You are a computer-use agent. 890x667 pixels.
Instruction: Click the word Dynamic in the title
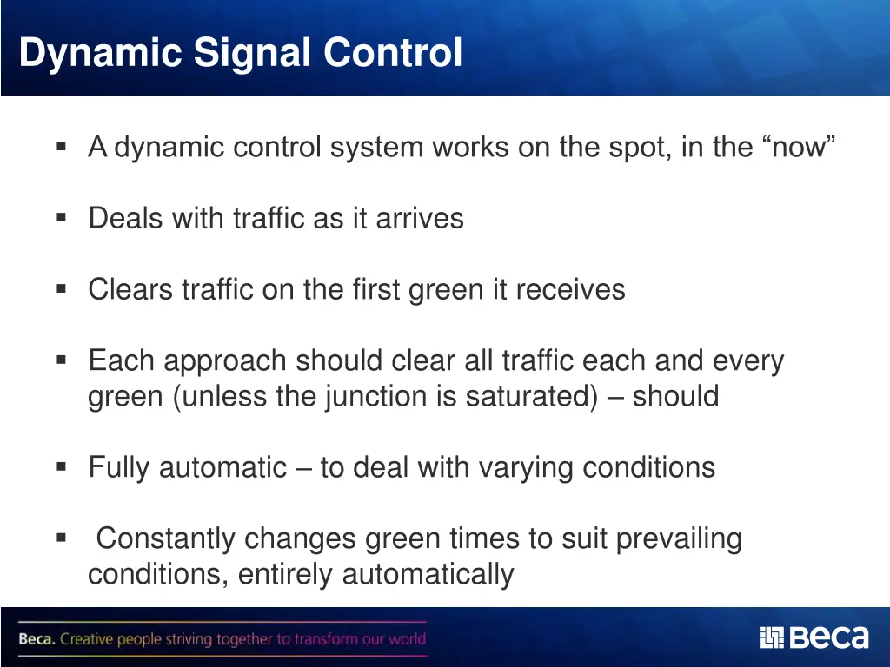100,53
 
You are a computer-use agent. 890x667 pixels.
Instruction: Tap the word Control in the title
393,53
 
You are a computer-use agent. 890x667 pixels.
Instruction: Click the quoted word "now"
799,148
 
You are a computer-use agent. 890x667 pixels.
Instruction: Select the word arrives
420,218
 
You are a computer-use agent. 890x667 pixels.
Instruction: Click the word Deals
126,218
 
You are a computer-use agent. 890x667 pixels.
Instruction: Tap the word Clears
130,289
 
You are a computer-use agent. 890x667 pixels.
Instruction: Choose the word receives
570,289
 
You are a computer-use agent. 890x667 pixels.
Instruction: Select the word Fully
120,468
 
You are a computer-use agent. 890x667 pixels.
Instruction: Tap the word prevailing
679,539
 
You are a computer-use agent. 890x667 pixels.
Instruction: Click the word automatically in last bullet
427,575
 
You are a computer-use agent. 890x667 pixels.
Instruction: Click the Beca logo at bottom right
814,638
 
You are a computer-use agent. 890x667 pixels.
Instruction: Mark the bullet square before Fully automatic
61,467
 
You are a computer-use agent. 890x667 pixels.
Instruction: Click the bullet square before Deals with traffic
61,217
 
